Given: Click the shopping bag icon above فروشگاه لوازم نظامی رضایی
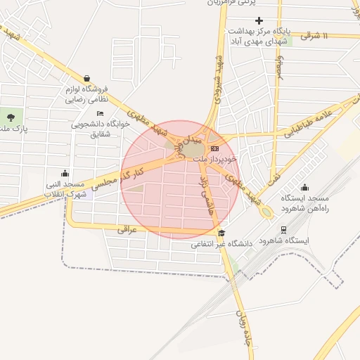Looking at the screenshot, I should click(86, 79).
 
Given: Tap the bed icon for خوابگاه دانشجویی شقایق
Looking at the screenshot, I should click(100, 113).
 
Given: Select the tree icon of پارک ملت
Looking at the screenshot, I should click(11, 116).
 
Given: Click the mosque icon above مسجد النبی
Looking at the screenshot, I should click(65, 173).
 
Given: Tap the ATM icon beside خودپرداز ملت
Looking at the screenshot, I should click(214, 148).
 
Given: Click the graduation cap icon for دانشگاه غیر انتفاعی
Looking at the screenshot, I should click(222, 233).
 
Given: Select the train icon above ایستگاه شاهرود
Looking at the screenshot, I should click(283, 229).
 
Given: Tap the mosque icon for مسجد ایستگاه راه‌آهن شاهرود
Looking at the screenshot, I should click(304, 187).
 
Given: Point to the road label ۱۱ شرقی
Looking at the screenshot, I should click(335, 34).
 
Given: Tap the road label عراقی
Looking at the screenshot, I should click(127, 229).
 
